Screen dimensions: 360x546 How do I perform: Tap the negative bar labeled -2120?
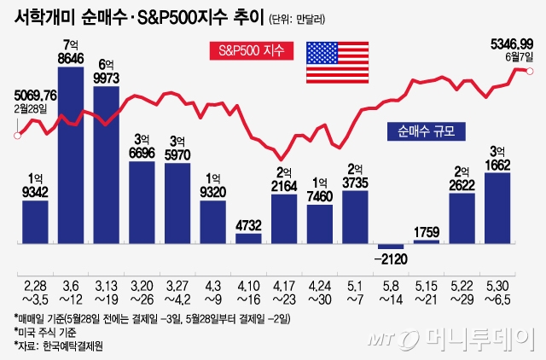[389, 247]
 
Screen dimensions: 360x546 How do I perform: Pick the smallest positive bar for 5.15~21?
[425, 242]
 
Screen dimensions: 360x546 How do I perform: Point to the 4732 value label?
[248, 226]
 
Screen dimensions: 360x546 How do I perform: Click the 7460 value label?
[319, 198]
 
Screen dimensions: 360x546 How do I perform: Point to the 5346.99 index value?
[510, 42]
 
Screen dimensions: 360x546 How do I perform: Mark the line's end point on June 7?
[531, 71]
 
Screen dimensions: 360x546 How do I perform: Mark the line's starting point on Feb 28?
[16, 135]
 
